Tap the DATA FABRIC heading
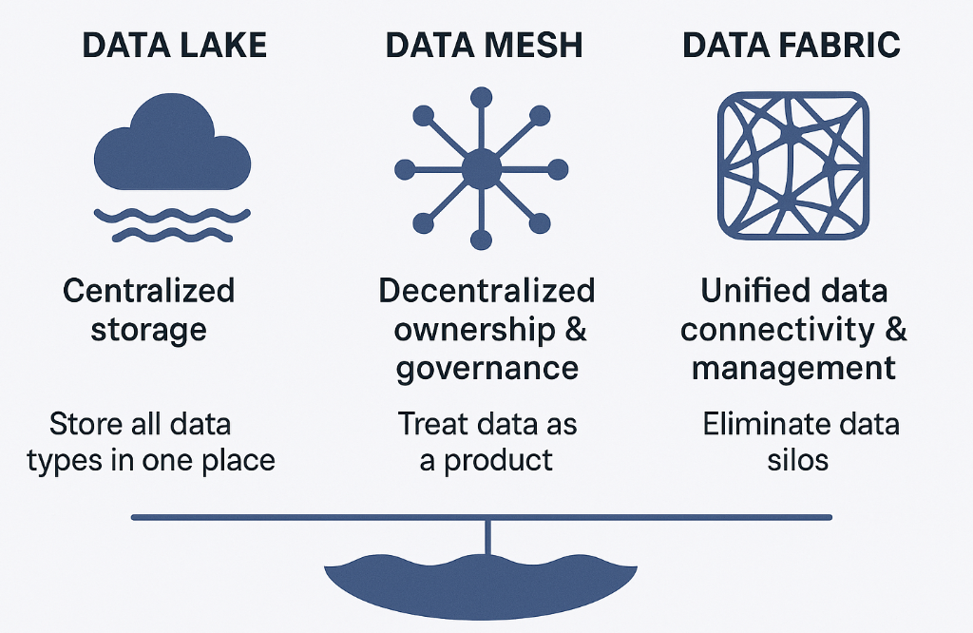tap(792, 47)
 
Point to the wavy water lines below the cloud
tap(172, 223)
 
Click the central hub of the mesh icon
tap(481, 169)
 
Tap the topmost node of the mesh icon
tap(482, 96)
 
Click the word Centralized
tap(148, 291)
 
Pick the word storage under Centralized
tap(148, 330)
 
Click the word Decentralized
tap(486, 291)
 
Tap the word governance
tap(486, 369)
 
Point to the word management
tap(793, 368)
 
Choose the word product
tap(499, 461)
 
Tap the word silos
tap(798, 461)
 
